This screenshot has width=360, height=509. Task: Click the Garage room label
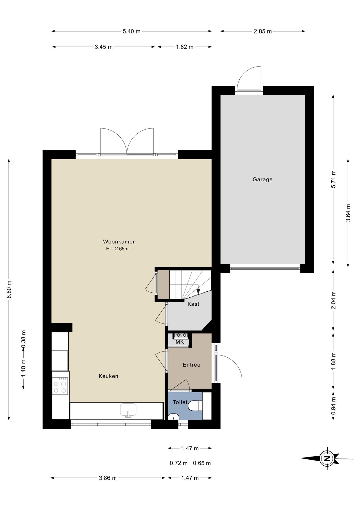click(262, 179)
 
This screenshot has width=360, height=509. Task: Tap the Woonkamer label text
click(119, 242)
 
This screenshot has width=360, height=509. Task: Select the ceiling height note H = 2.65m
click(117, 249)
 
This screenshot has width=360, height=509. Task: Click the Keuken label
click(108, 376)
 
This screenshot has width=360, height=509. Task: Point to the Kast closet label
click(193, 304)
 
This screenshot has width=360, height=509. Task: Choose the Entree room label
click(191, 365)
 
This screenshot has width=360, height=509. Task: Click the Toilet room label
click(180, 402)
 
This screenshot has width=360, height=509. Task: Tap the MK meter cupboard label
click(180, 342)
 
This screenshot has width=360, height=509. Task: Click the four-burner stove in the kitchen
click(60, 386)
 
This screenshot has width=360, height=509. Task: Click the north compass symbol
click(327, 458)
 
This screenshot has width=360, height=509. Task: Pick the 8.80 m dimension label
click(9, 289)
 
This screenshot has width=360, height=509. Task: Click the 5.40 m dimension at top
click(131, 31)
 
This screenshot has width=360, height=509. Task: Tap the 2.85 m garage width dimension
click(263, 31)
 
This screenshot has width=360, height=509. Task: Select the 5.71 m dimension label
click(333, 179)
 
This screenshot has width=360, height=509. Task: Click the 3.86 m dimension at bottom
click(108, 478)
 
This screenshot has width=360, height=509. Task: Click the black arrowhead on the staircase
click(198, 291)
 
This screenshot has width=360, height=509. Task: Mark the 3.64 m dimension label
click(348, 213)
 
